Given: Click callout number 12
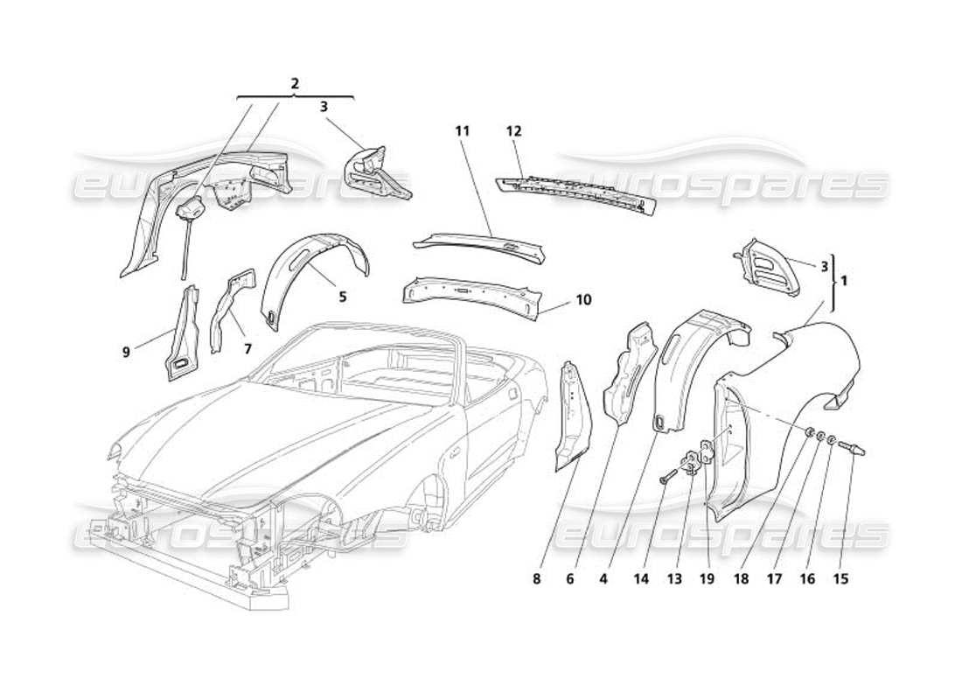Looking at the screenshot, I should point(513,131).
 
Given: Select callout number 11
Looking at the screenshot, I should point(463,131).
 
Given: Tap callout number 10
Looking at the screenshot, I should point(584,300).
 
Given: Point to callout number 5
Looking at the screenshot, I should point(343,297).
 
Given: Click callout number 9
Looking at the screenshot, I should point(127,353).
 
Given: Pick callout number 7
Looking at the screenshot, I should point(247,348).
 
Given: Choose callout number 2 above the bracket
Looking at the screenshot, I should point(295,84).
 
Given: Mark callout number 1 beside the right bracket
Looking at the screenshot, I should point(844,282).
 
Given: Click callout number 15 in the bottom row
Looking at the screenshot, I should point(840,578).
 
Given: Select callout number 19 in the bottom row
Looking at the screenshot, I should point(708,578).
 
